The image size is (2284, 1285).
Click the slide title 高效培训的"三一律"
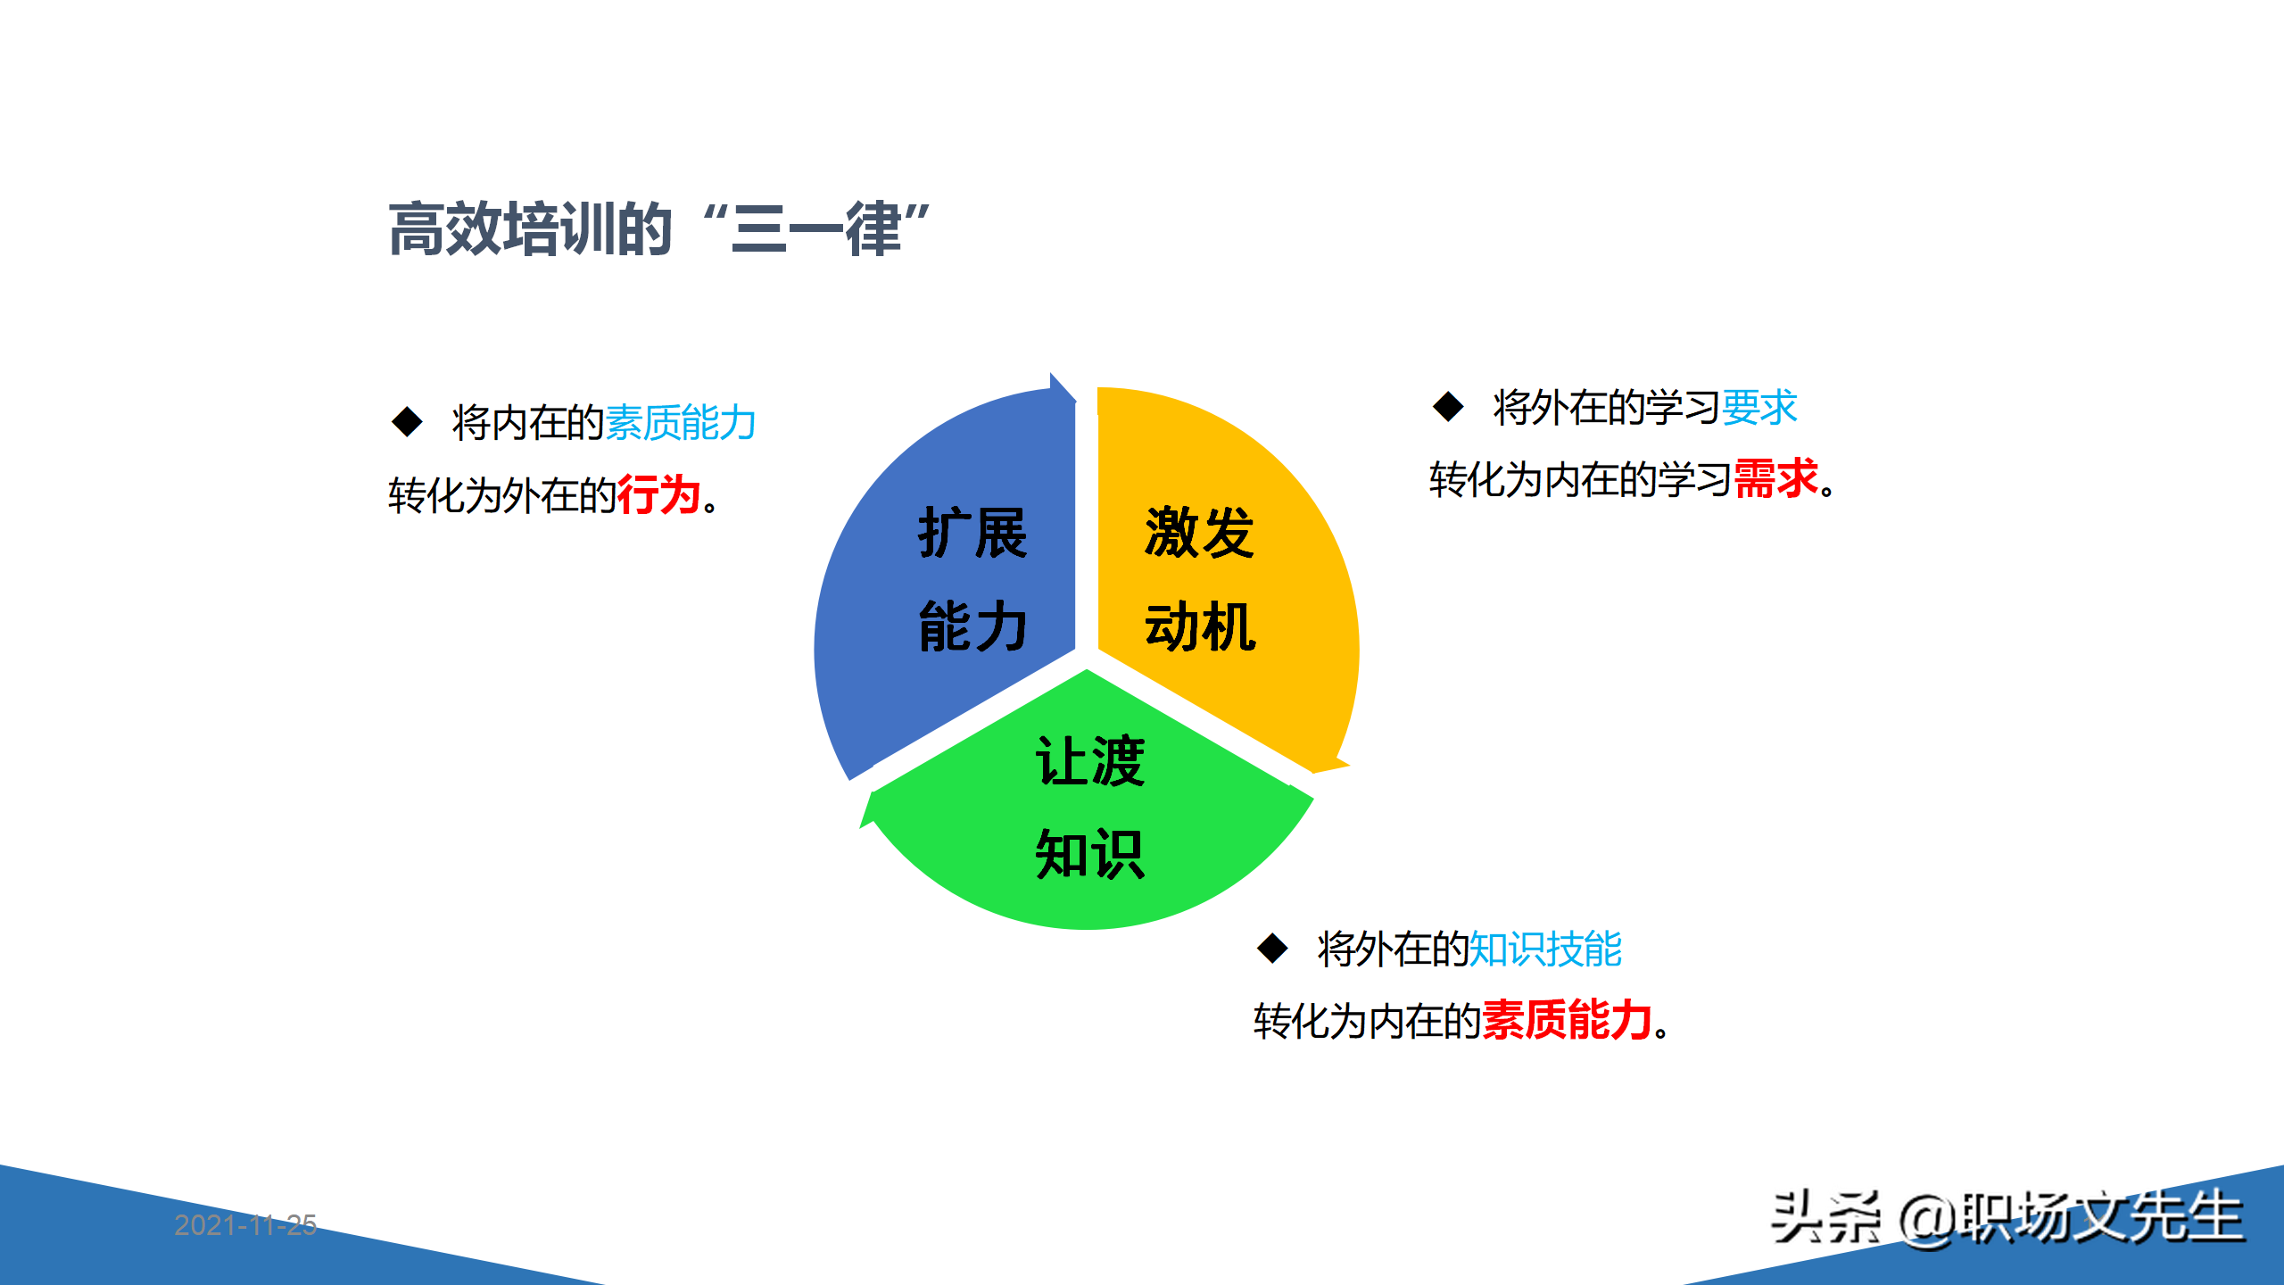[x=660, y=229]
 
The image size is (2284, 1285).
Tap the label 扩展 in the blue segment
[x=972, y=533]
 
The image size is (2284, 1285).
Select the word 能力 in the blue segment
[x=972, y=626]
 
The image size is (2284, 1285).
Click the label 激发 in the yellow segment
[x=1200, y=533]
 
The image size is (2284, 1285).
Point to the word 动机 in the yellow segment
[x=1200, y=626]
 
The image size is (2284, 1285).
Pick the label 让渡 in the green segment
[x=1089, y=761]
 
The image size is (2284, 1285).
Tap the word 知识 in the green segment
[x=1089, y=855]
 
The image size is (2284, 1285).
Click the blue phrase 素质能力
[x=681, y=422]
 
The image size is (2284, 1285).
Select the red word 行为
[x=658, y=495]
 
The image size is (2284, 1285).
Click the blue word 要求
[x=1759, y=408]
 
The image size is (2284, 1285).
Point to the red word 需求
[x=1775, y=479]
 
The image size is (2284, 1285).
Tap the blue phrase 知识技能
[x=1545, y=949]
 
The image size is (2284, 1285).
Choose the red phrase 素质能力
[x=1567, y=1020]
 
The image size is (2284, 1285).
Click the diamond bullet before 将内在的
[x=408, y=422]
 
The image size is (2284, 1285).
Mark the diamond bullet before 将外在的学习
[x=1448, y=407]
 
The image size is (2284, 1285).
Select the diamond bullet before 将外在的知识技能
[x=1272, y=948]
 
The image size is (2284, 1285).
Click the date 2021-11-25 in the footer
[x=245, y=1225]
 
